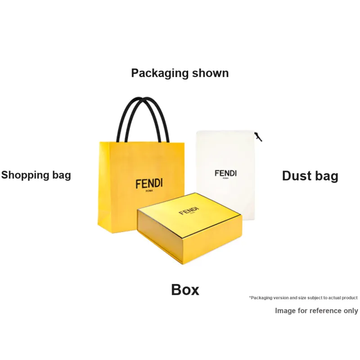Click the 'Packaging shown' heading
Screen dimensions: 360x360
[180, 73]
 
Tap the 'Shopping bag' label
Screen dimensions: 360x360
[36, 175]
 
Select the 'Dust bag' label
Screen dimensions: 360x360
[310, 176]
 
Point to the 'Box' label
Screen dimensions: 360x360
[185, 290]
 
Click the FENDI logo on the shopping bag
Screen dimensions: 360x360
[149, 184]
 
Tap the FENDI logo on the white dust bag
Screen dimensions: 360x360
[225, 173]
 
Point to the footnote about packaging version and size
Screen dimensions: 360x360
[303, 298]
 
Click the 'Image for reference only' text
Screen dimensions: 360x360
[316, 310]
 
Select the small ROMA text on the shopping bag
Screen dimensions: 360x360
[149, 191]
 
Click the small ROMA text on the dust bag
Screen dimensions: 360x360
[225, 179]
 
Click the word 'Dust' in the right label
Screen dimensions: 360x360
[296, 176]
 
